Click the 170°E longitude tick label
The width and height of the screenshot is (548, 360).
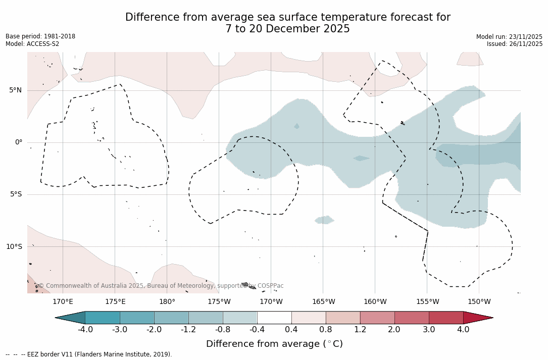(63, 302)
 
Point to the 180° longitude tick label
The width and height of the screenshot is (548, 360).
(167, 302)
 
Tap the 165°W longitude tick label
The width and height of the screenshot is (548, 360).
(323, 302)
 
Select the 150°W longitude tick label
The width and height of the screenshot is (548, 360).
(479, 302)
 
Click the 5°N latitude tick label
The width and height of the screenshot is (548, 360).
(16, 90)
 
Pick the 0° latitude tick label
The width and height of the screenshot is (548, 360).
(19, 142)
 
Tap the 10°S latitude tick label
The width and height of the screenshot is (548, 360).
(14, 247)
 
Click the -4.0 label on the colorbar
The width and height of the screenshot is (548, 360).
(85, 330)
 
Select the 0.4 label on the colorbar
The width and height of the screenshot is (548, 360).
(291, 330)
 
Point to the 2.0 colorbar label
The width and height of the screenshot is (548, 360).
(394, 330)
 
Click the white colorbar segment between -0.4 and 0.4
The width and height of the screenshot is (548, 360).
(274, 318)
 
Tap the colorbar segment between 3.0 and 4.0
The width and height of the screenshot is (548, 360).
(446, 318)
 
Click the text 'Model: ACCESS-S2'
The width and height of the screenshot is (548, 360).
(32, 44)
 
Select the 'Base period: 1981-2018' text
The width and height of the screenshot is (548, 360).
(40, 36)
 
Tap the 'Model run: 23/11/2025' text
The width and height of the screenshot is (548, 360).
(509, 37)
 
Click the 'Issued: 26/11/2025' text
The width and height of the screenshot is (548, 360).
(515, 44)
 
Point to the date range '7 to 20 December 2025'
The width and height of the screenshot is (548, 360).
(287, 29)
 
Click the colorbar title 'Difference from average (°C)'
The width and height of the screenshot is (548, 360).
(274, 344)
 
